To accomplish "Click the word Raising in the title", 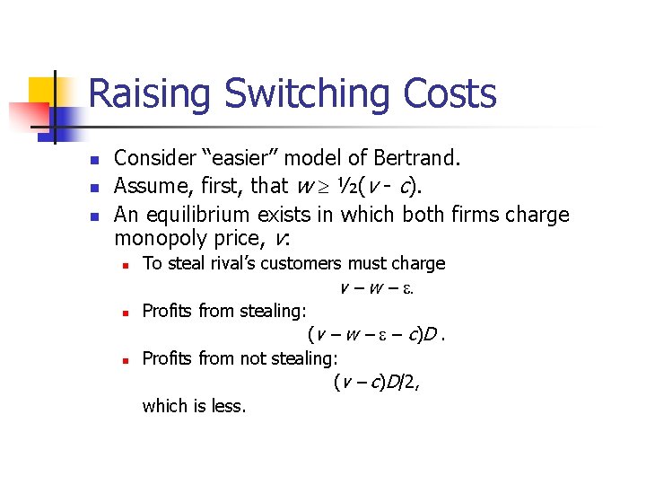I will (x=151, y=94).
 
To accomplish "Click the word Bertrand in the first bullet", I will (x=416, y=159).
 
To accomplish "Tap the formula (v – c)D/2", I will (x=376, y=383).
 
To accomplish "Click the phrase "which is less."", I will (x=194, y=406).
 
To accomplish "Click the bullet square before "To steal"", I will (x=127, y=264).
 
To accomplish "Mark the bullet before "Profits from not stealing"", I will (x=127, y=359).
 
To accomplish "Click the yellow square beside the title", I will (x=43, y=90).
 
